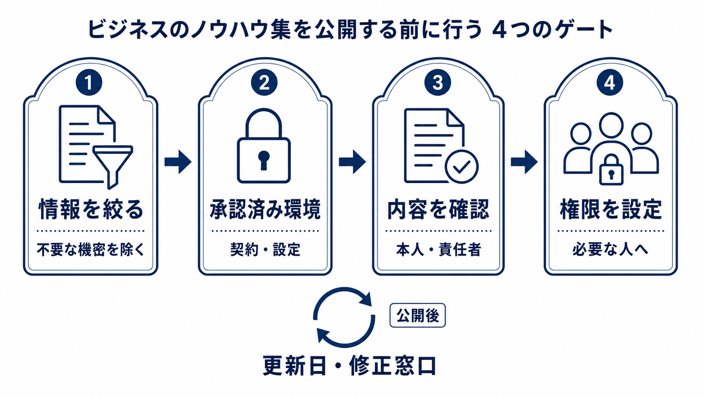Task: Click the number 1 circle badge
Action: coord(89,83)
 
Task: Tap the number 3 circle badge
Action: coord(438,83)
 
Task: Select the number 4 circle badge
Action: coord(610,83)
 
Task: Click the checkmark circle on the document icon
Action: coord(462,167)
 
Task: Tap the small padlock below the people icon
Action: coord(611,170)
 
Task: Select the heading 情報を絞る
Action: coord(91,209)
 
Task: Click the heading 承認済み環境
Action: coord(265,209)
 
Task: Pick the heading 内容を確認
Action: coord(438,209)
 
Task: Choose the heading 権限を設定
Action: coord(611,209)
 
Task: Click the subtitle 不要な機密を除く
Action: coord(91,250)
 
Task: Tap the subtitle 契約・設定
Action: coord(265,250)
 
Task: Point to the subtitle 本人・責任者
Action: coord(438,250)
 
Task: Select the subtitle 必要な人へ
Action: coord(610,250)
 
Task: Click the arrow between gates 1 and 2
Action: coord(178,162)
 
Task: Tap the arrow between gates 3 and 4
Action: coord(524,162)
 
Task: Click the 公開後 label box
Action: coord(418,316)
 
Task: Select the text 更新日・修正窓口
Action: coord(350,365)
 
